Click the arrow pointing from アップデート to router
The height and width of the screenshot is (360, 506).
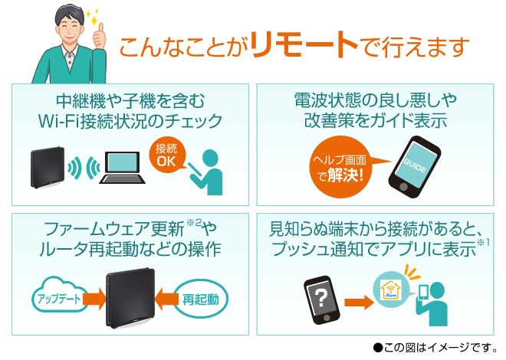point(93,297)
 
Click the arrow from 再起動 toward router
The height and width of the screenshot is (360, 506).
point(161,297)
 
